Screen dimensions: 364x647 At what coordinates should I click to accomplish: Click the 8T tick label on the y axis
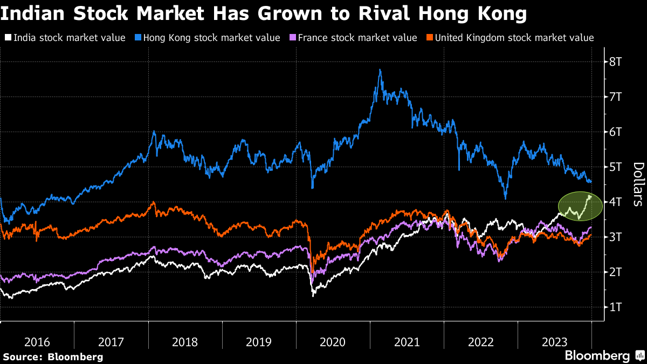tap(617, 62)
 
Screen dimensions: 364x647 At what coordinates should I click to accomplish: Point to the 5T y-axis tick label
tap(617, 167)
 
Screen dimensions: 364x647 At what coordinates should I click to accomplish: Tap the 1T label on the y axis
tap(617, 307)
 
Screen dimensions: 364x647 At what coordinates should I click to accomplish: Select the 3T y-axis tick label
tap(617, 237)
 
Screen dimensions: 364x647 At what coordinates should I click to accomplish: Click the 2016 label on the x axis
tap(37, 342)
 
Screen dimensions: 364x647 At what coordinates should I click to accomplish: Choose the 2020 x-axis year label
tap(333, 342)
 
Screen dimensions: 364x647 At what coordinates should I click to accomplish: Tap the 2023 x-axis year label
tap(554, 342)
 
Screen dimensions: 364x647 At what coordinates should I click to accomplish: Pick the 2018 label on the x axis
tap(185, 342)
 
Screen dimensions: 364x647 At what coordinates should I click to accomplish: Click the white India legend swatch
tap(8, 38)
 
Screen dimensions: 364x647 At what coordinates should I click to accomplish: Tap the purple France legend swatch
tap(293, 38)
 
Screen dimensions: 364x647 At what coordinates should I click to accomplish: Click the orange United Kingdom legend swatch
tap(430, 38)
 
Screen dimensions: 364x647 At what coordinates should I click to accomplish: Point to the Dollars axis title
tap(637, 184)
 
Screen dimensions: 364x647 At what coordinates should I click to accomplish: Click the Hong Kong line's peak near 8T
tap(380, 70)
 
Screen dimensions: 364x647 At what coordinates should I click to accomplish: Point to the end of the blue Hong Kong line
tap(590, 182)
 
